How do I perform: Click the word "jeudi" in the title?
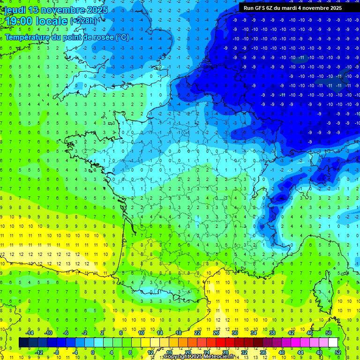13,9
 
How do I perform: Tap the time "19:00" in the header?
20,21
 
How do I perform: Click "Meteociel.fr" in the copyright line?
219,357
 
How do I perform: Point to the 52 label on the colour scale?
338,352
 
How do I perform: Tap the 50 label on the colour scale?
329,333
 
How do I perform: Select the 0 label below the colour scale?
93,352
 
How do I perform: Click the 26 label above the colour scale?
216,333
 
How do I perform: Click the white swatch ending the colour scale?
333,342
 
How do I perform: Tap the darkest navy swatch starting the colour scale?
23,342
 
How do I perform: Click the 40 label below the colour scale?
282,352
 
